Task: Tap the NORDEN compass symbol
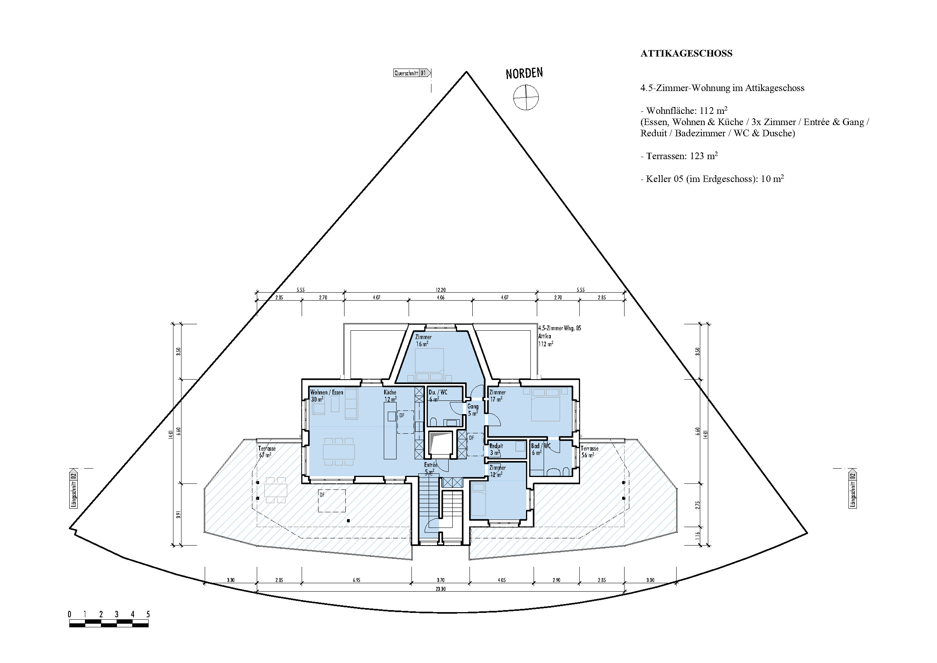[526, 97]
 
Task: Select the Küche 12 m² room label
[390, 396]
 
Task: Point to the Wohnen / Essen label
[326, 392]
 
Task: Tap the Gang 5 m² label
[473, 410]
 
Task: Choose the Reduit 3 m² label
[496, 449]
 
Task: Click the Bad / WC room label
[541, 449]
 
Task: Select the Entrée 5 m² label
[431, 468]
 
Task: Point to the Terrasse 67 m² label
[266, 451]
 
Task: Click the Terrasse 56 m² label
[589, 451]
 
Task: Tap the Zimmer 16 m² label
[423, 340]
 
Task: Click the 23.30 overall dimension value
[440, 589]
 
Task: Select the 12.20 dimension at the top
[440, 290]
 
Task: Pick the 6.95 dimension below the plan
[356, 580]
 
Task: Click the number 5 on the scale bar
[148, 614]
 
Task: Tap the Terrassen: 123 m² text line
[679, 156]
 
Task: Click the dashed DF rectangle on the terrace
[332, 501]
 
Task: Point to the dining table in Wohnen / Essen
[339, 451]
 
